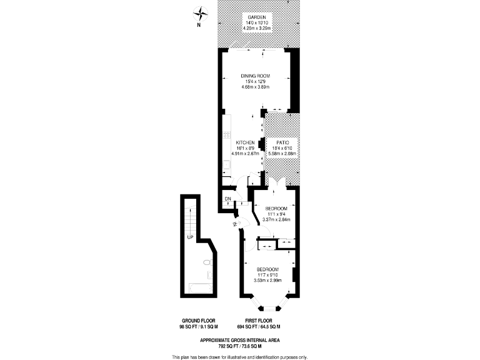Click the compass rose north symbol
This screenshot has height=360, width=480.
click(199, 13)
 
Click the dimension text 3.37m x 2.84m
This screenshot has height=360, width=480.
click(276, 219)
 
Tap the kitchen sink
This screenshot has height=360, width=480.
click(226, 165)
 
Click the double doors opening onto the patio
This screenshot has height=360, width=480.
click(277, 182)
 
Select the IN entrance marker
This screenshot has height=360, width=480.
click(236, 224)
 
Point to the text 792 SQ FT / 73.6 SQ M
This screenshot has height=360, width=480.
click(239, 345)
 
